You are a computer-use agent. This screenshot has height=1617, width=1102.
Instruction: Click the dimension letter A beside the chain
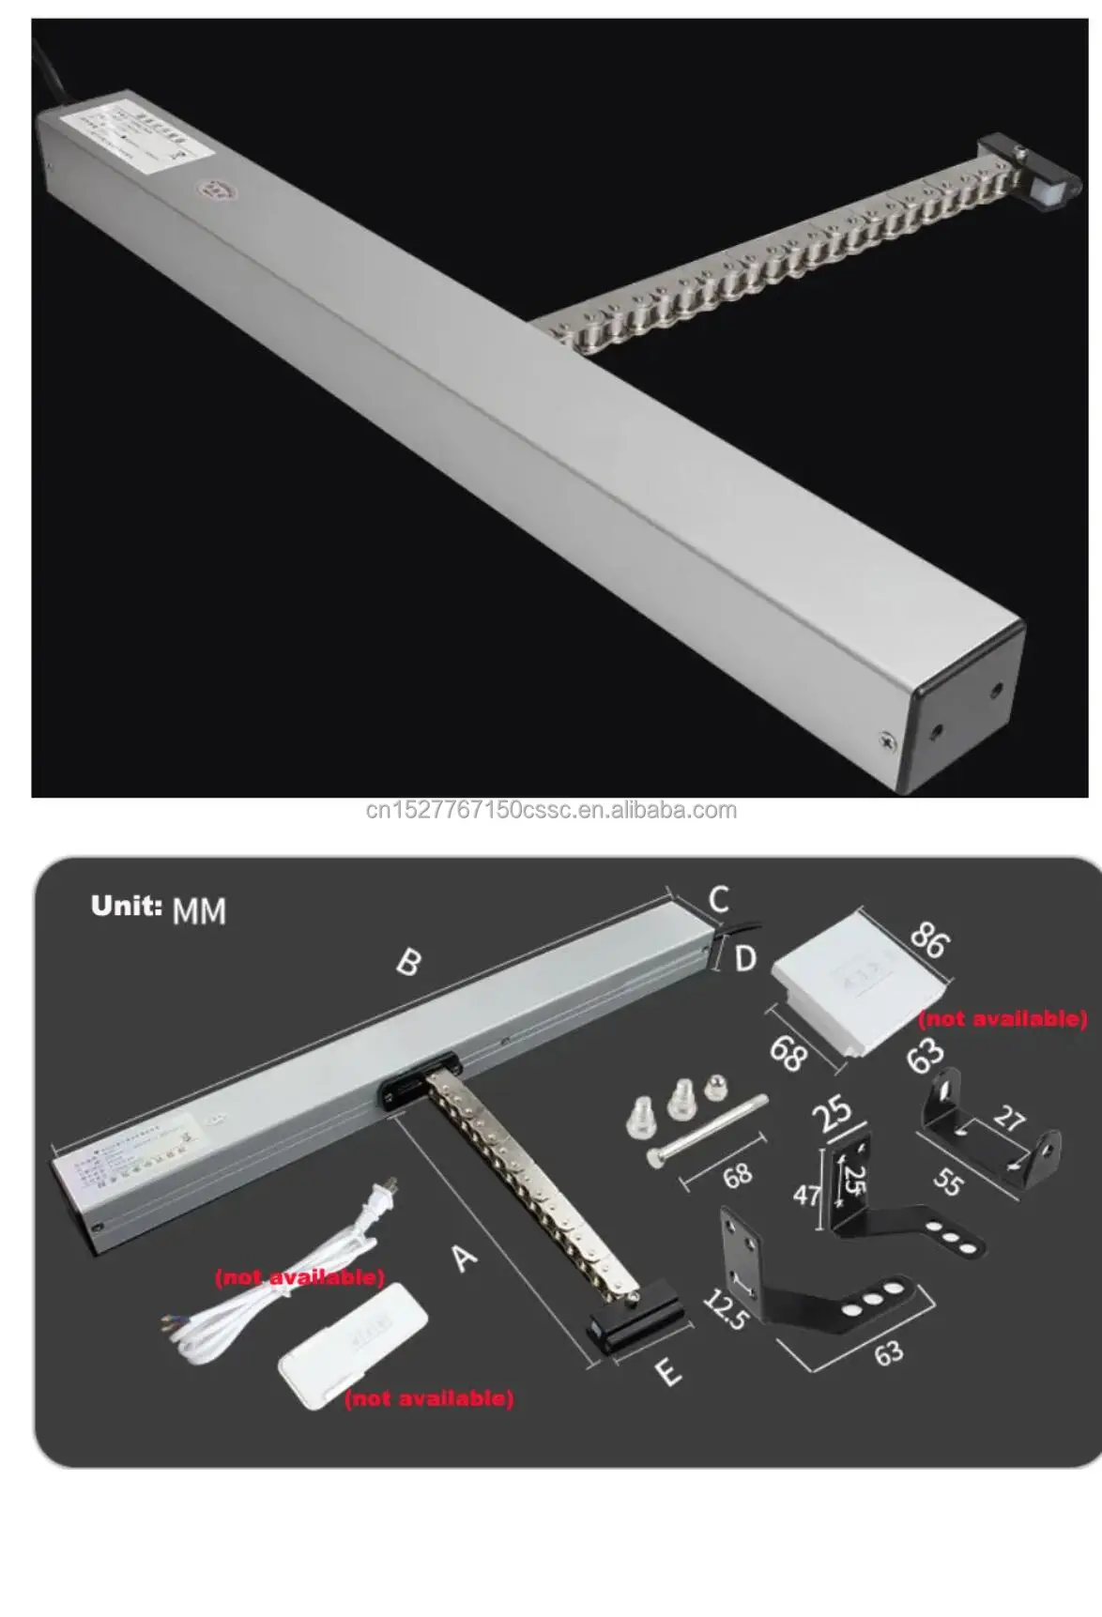coord(465,1257)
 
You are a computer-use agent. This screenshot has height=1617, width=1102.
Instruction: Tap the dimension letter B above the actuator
coord(409,962)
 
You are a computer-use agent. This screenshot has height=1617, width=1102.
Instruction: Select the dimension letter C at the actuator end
coord(718,900)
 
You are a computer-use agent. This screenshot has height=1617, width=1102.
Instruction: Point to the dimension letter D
coord(744,958)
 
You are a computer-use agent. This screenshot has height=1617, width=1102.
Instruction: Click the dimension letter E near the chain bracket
coord(667,1373)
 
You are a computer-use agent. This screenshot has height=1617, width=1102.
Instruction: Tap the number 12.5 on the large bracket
coord(726,1310)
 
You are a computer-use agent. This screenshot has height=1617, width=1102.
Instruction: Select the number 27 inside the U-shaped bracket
coord(1009,1119)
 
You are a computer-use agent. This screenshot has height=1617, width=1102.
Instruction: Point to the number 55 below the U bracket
coord(948,1182)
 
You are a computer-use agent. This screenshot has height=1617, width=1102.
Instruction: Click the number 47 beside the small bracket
coord(806,1195)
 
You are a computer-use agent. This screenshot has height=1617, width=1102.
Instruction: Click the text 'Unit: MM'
coord(158,908)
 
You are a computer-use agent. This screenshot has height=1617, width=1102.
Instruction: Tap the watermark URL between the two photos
coord(551,811)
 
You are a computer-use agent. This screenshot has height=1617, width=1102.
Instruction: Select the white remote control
coord(352,1344)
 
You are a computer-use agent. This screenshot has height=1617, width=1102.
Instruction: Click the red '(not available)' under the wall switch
coord(1002,1019)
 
